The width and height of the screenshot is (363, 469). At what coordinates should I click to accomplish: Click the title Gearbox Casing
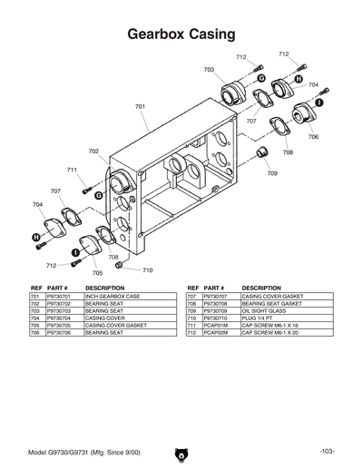[x=181, y=34]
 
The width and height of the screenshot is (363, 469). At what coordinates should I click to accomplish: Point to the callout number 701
[x=141, y=107]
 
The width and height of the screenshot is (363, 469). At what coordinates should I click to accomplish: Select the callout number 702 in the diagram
[x=93, y=151]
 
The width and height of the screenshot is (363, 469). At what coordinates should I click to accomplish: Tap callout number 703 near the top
[x=209, y=70]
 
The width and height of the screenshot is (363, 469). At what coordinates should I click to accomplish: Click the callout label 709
[x=272, y=172]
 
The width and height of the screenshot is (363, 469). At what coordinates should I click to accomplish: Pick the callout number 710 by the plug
[x=148, y=270]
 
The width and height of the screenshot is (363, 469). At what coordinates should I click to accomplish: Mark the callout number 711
[x=72, y=170]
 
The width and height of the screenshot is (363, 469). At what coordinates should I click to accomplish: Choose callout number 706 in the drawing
[x=313, y=137]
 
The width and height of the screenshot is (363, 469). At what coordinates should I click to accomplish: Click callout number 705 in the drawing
[x=97, y=272]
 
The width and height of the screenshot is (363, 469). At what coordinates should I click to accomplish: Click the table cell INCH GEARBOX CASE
[x=113, y=297]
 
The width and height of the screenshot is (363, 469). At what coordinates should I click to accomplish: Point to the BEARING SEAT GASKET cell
[x=270, y=305]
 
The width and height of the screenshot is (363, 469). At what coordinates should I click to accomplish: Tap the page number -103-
[x=328, y=452]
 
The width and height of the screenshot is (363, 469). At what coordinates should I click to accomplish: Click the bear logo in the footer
[x=181, y=452]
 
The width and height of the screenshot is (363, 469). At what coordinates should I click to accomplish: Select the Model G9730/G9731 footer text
[x=78, y=452]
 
